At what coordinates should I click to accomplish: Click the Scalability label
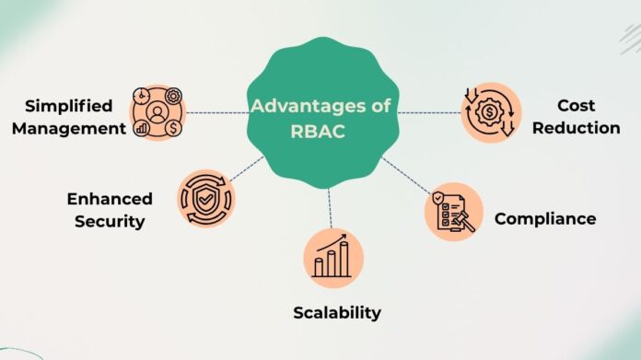pos(336,312)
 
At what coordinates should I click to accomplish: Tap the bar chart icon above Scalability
pos(332,256)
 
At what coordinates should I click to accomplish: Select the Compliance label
pos(544,218)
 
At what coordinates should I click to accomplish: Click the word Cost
pos(576,105)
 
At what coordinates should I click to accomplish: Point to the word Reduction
pos(576,128)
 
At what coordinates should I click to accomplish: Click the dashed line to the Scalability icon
pos(329,207)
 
